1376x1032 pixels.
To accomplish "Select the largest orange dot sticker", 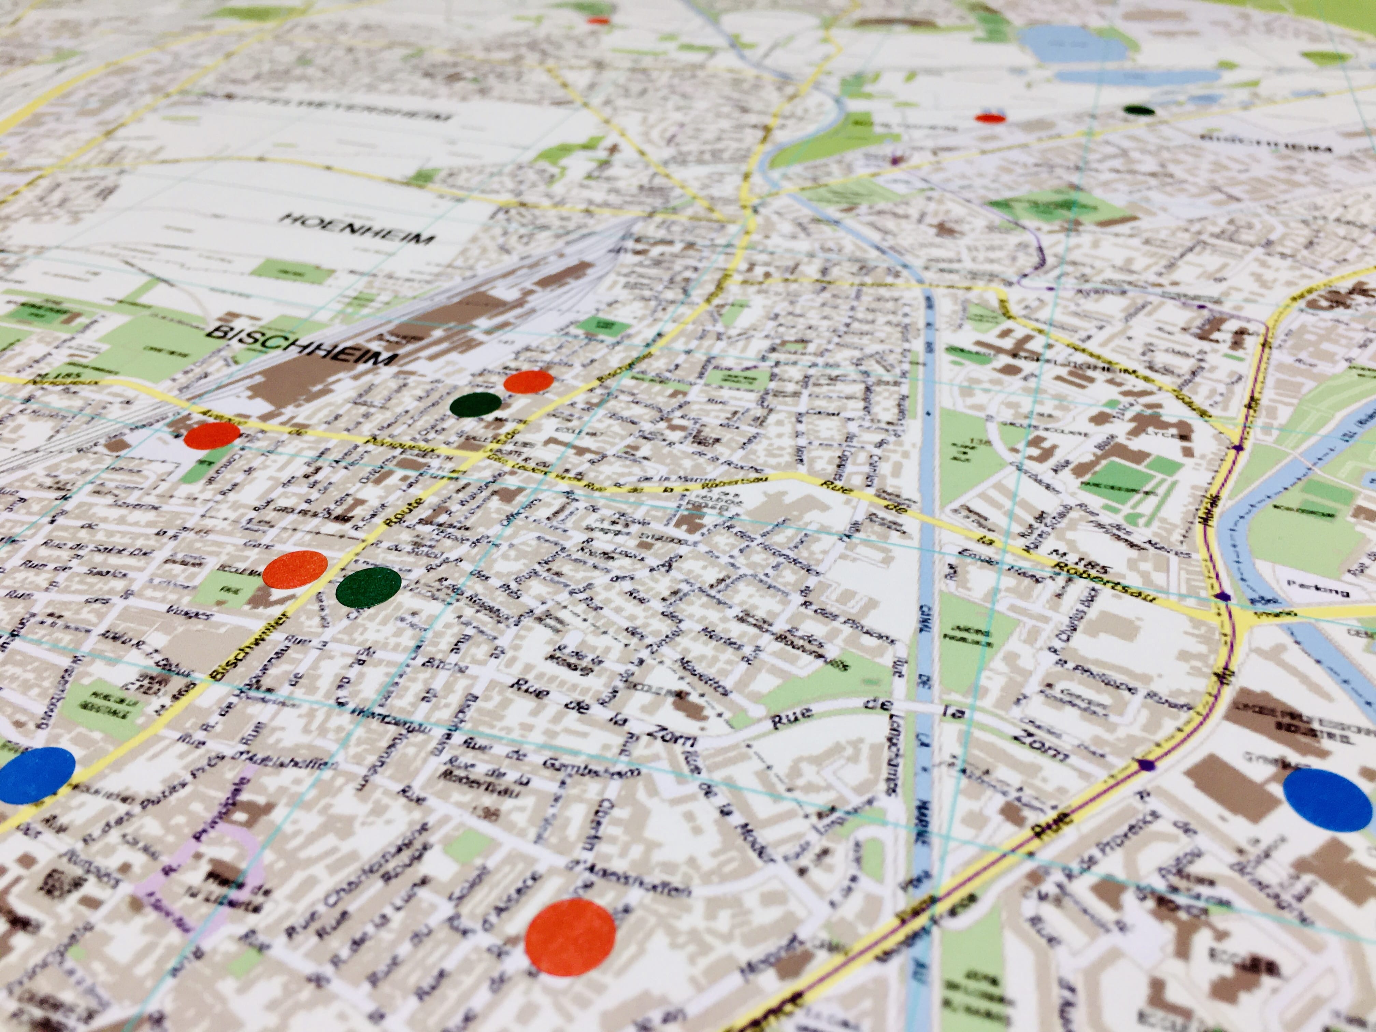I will point(570,937).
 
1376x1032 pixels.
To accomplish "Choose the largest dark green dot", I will point(368,587).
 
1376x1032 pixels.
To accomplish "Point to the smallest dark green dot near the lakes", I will point(1139,111).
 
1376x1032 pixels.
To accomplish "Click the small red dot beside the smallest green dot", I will point(990,118).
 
